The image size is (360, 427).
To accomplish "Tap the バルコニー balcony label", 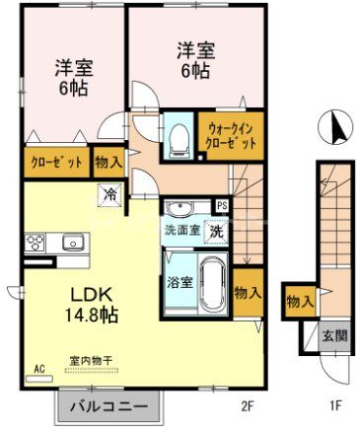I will (109, 406).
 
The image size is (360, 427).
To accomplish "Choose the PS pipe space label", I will (222, 206).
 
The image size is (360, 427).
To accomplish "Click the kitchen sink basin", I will (72, 242).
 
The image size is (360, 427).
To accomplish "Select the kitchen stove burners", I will (35, 242).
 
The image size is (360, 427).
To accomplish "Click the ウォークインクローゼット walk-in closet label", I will (232, 136).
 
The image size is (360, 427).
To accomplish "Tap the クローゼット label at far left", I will (42, 162).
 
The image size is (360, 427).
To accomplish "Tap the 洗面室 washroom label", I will (182, 229).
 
